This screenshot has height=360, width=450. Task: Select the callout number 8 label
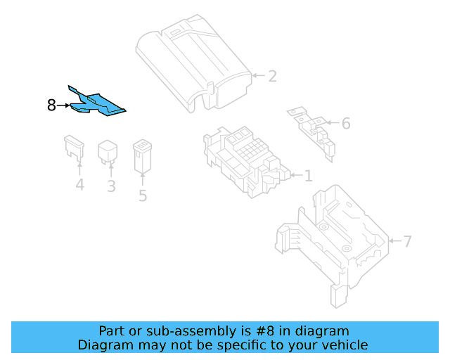[x=51, y=106]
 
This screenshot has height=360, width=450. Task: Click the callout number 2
[x=271, y=76]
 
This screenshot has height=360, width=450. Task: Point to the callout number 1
[x=307, y=175]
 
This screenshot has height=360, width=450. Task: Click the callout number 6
[x=345, y=123]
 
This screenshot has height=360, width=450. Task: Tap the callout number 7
[x=407, y=241]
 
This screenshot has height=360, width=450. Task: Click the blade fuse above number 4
[x=74, y=147]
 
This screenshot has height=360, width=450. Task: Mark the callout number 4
[x=79, y=186]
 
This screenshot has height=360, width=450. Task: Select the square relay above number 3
[x=108, y=150]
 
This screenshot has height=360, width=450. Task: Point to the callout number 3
[x=111, y=186]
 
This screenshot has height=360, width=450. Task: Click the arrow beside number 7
[x=394, y=241]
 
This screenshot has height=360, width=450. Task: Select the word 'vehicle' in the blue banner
[x=344, y=345]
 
